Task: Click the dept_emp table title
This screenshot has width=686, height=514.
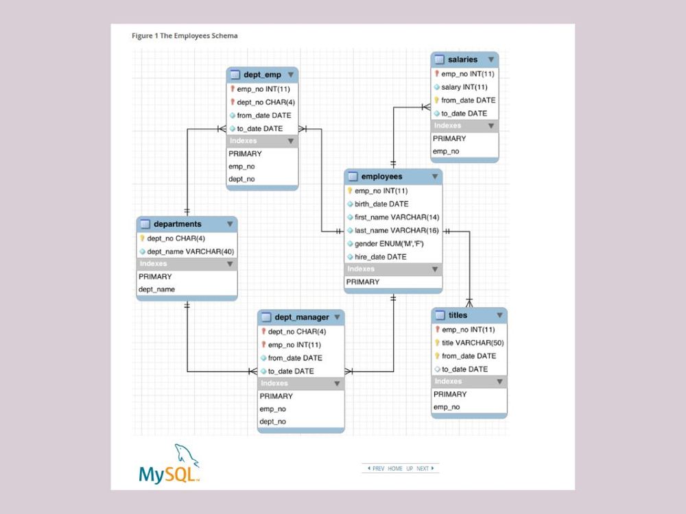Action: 263,75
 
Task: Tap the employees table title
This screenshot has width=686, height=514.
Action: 381,177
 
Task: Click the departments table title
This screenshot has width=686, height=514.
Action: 177,224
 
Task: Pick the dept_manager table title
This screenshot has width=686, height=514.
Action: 301,317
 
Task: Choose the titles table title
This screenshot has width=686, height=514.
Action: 458,315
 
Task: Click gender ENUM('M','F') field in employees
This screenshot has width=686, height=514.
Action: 390,244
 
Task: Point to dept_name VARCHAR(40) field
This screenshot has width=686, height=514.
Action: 190,252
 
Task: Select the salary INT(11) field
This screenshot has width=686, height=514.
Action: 464,87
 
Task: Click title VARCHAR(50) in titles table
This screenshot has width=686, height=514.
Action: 473,343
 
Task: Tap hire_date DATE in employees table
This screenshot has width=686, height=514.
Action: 380,257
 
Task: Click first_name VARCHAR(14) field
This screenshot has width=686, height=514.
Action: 397,217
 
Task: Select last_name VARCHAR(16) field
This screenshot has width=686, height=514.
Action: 396,230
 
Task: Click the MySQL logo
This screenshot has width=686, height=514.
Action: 169,465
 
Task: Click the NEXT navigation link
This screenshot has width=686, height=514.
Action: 425,469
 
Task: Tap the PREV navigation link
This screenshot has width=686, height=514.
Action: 377,469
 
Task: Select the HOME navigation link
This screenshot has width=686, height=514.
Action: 395,469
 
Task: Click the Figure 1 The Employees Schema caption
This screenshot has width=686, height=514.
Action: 185,36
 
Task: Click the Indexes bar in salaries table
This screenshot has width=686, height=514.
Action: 448,126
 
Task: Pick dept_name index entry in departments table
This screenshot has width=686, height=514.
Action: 156,289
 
